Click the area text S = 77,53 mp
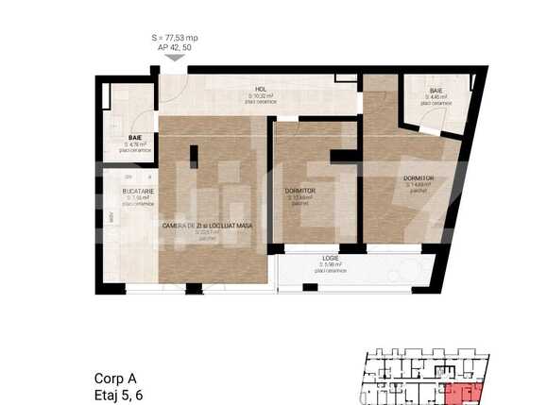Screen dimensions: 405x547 pyautogui.click(x=174, y=38)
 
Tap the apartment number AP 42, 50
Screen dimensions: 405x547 pyautogui.click(x=174, y=47)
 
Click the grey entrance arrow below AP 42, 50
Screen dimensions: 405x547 pyautogui.click(x=174, y=58)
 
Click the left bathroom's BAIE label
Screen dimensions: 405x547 pyautogui.click(x=135, y=138)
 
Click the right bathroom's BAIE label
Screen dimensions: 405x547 pyautogui.click(x=436, y=90)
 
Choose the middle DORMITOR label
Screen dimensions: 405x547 pyautogui.click(x=299, y=191)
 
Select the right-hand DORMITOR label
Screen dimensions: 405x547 pyautogui.click(x=418, y=177)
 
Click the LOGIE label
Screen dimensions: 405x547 pyautogui.click(x=331, y=259)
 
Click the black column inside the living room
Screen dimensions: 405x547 pyautogui.click(x=193, y=156)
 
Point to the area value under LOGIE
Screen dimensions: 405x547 pyautogui.click(x=331, y=265)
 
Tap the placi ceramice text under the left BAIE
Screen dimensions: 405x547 pyautogui.click(x=135, y=150)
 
